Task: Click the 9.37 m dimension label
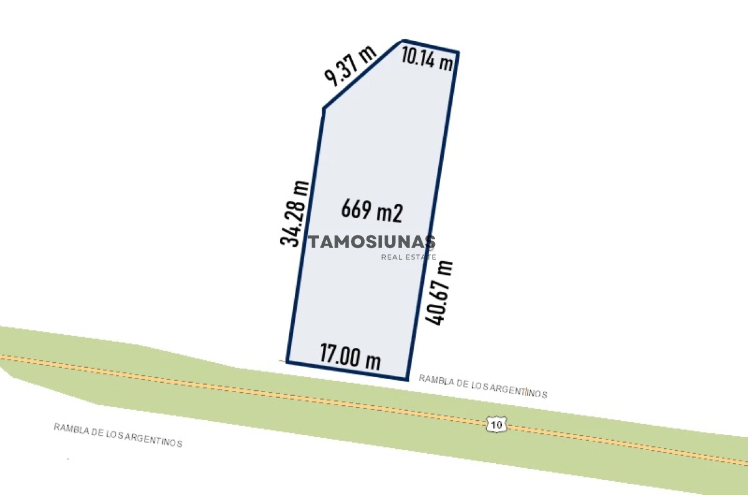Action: (x=351, y=66)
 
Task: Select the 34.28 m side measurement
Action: (x=294, y=213)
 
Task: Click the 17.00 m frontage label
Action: (x=350, y=357)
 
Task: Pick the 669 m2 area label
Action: (x=372, y=211)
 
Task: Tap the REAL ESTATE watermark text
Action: (x=408, y=257)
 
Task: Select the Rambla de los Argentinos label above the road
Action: (x=483, y=386)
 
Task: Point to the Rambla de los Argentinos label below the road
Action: (x=118, y=435)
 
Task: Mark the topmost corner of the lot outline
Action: (x=403, y=41)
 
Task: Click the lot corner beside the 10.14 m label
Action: (x=458, y=52)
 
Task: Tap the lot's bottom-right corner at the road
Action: (x=407, y=379)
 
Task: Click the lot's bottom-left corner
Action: (x=287, y=361)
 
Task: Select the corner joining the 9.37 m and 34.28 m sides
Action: (x=324, y=109)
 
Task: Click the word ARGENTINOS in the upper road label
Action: (x=519, y=391)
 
